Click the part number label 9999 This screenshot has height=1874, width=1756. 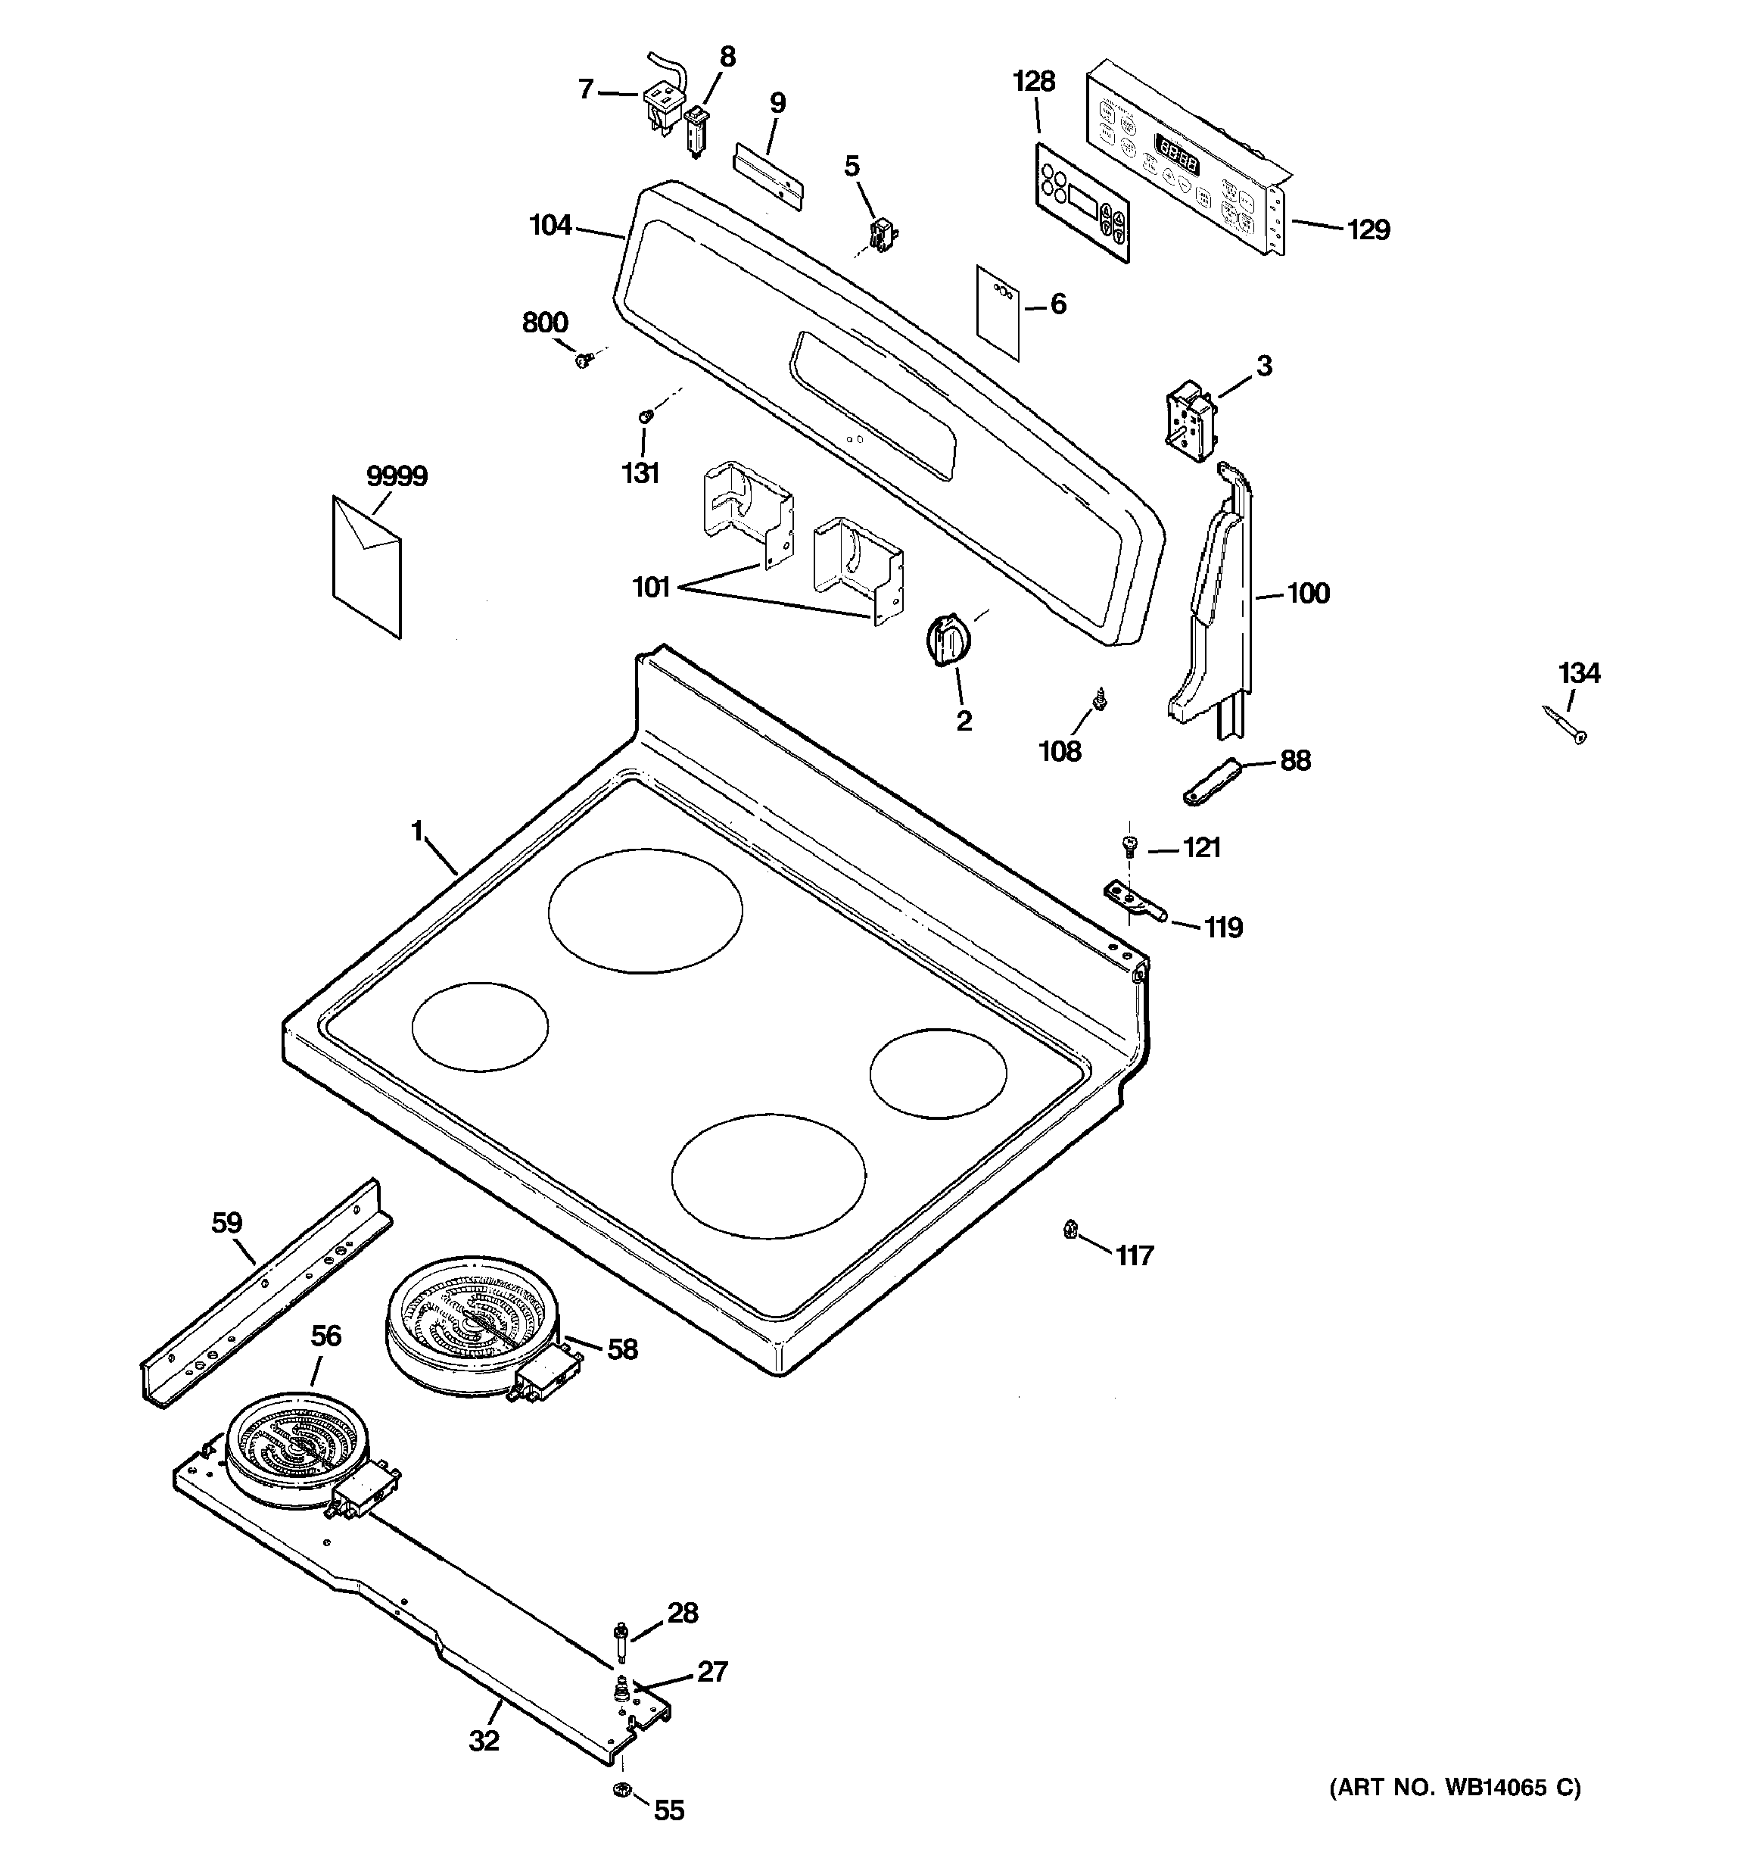397,477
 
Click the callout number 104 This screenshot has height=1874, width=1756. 550,226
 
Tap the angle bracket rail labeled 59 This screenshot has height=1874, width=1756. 266,1293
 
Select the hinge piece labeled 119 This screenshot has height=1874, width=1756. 1134,900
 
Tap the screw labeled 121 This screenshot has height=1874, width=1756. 1129,846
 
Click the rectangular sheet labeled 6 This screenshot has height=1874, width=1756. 998,313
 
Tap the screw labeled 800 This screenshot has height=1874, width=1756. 584,358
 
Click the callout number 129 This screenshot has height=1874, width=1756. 1368,229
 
